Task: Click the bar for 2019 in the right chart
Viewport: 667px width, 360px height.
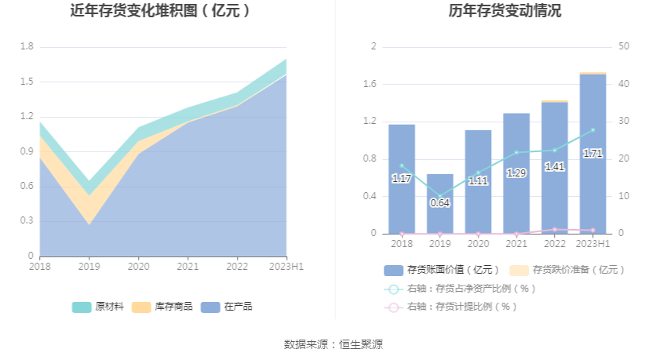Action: [x=439, y=205]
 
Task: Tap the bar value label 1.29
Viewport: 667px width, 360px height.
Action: [x=516, y=173]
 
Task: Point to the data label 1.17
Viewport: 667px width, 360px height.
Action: [x=402, y=179]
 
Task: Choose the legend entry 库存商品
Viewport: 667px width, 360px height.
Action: [x=162, y=307]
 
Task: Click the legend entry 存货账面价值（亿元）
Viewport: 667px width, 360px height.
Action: [x=448, y=270]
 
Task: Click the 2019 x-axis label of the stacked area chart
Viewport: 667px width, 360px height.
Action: [x=89, y=267]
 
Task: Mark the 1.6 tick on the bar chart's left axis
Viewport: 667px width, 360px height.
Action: [x=370, y=84]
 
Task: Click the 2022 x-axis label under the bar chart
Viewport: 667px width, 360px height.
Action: [x=555, y=245]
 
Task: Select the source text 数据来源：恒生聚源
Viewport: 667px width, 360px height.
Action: [x=333, y=344]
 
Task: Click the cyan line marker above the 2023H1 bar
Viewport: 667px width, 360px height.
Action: [x=592, y=130]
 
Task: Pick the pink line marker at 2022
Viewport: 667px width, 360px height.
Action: [x=555, y=230]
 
